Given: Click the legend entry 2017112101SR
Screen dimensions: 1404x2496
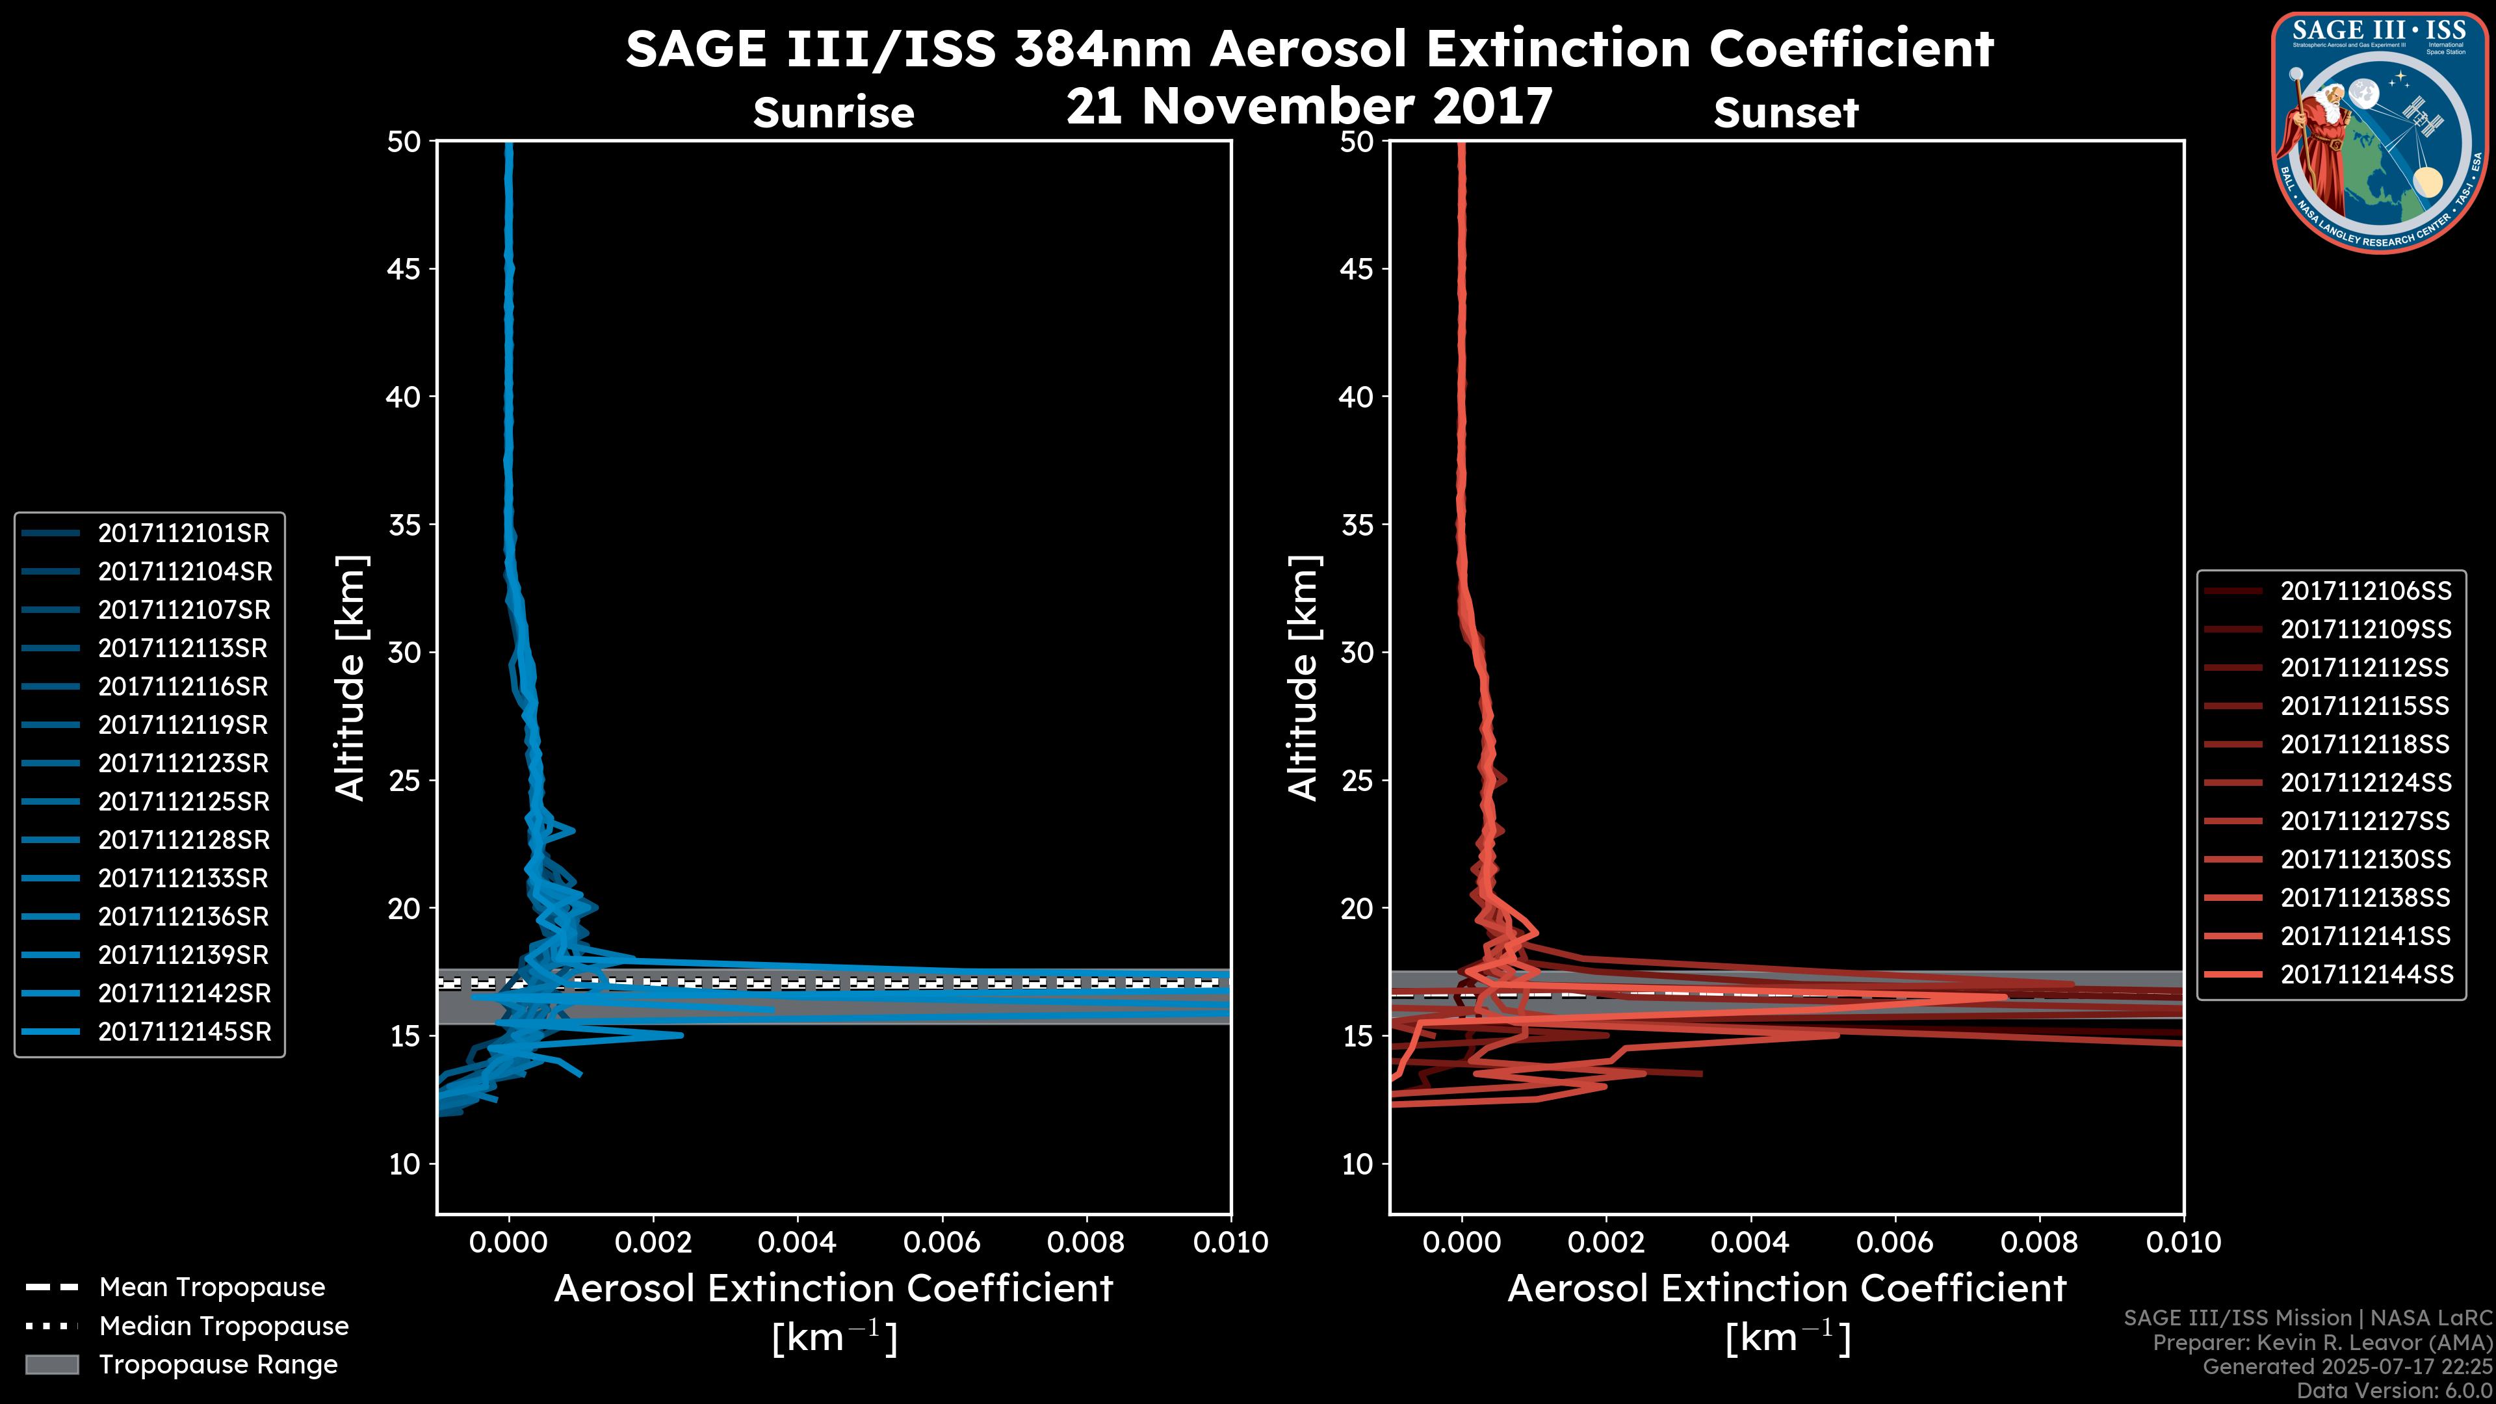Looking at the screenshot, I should [x=183, y=533].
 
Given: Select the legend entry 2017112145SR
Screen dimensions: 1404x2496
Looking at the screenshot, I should [x=184, y=1032].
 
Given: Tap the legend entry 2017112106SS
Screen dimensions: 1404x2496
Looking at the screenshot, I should [x=2365, y=591].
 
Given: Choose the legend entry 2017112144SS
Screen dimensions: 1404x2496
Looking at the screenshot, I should [x=2365, y=974].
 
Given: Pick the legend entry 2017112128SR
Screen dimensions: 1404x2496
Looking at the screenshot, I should [x=183, y=840].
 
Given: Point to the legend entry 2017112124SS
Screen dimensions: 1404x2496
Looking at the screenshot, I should [x=2365, y=783].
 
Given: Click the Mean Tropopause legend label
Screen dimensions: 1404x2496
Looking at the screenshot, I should [x=212, y=1288].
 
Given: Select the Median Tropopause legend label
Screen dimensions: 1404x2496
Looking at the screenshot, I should [x=224, y=1327].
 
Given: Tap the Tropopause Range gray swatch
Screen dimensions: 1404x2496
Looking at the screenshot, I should [x=51, y=1365].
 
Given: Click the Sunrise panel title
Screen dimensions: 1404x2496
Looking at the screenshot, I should [x=833, y=113].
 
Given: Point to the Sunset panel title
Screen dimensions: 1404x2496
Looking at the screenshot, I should [x=1786, y=113].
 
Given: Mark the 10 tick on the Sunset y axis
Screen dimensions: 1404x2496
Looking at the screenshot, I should [x=1357, y=1163].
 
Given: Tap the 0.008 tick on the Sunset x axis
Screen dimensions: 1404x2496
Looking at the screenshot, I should [x=2040, y=1242].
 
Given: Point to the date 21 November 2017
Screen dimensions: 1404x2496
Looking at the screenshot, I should [x=1309, y=107].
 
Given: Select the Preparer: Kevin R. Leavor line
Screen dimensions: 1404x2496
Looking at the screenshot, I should [x=2322, y=1343].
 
